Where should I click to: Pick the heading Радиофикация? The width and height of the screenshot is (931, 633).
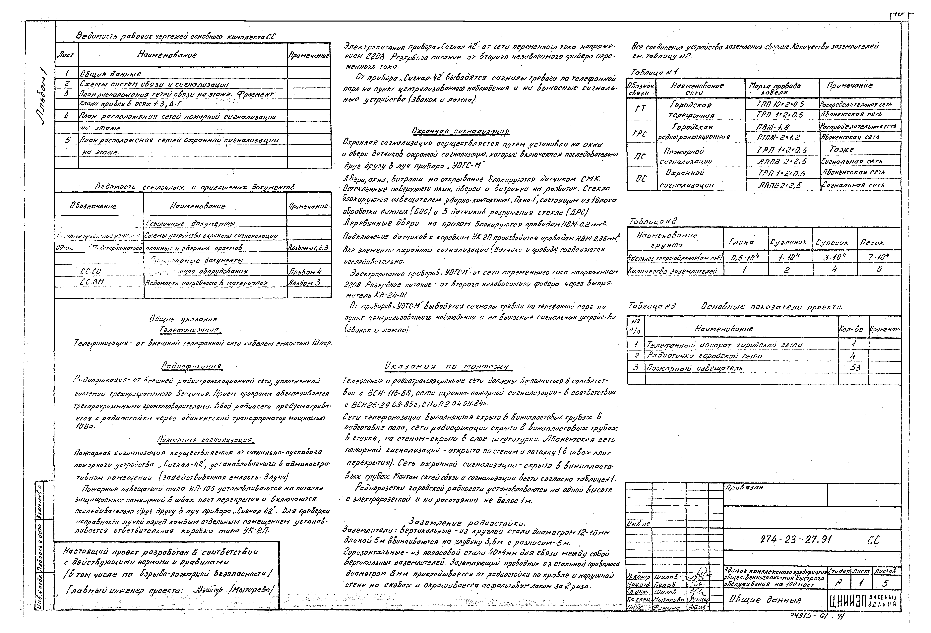pyautogui.click(x=192, y=366)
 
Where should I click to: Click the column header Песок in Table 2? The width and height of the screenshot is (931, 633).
pyautogui.click(x=872, y=242)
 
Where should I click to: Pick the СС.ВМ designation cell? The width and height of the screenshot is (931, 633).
pyautogui.click(x=92, y=282)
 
